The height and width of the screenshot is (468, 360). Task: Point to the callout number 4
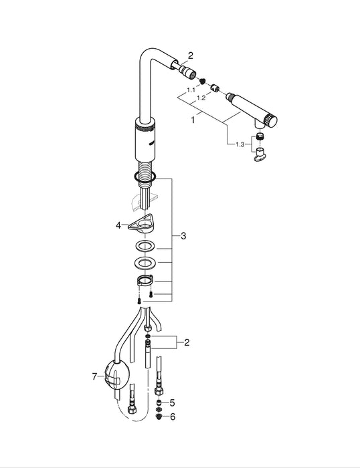(118, 225)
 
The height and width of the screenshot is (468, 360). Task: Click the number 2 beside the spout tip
(190, 55)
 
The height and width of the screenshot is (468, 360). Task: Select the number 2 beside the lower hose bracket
(187, 342)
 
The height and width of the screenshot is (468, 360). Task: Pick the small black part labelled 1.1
(199, 79)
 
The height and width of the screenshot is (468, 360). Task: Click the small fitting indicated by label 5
(159, 403)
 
